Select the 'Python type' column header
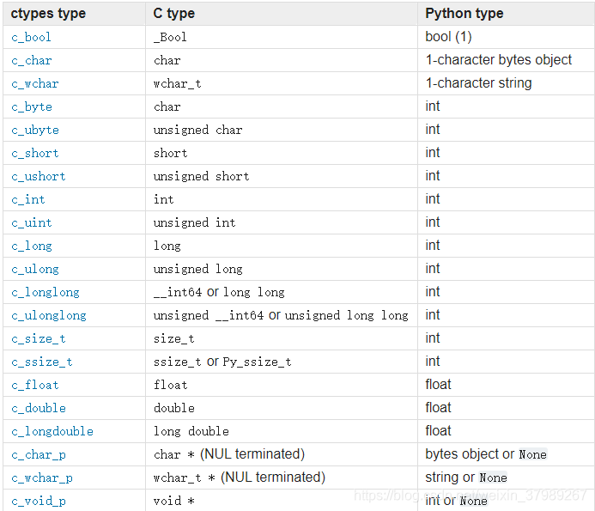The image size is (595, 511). pos(464,14)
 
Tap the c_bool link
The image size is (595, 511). pos(32,37)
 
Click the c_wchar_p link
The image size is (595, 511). pos(42,478)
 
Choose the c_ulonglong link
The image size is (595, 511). pos(49,315)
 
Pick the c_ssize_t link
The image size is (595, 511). pos(42,362)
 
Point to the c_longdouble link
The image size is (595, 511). pos(52,431)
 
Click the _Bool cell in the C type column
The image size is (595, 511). pos(170,37)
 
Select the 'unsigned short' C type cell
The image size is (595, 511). pos(202,176)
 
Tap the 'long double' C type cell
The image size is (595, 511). pos(191,431)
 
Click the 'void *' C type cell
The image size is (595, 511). pos(174,501)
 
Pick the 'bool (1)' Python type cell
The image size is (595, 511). pos(448,37)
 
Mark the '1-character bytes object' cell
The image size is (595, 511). pos(499,60)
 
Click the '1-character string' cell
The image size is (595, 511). pos(478,83)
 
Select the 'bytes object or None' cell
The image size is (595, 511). pos(486,454)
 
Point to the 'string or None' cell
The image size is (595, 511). pos(466,478)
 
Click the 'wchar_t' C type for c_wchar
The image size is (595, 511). pos(178,83)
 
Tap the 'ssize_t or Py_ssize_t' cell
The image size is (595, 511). pos(222,362)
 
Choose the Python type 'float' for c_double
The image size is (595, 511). pos(438,408)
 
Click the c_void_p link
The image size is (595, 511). pos(39,501)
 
